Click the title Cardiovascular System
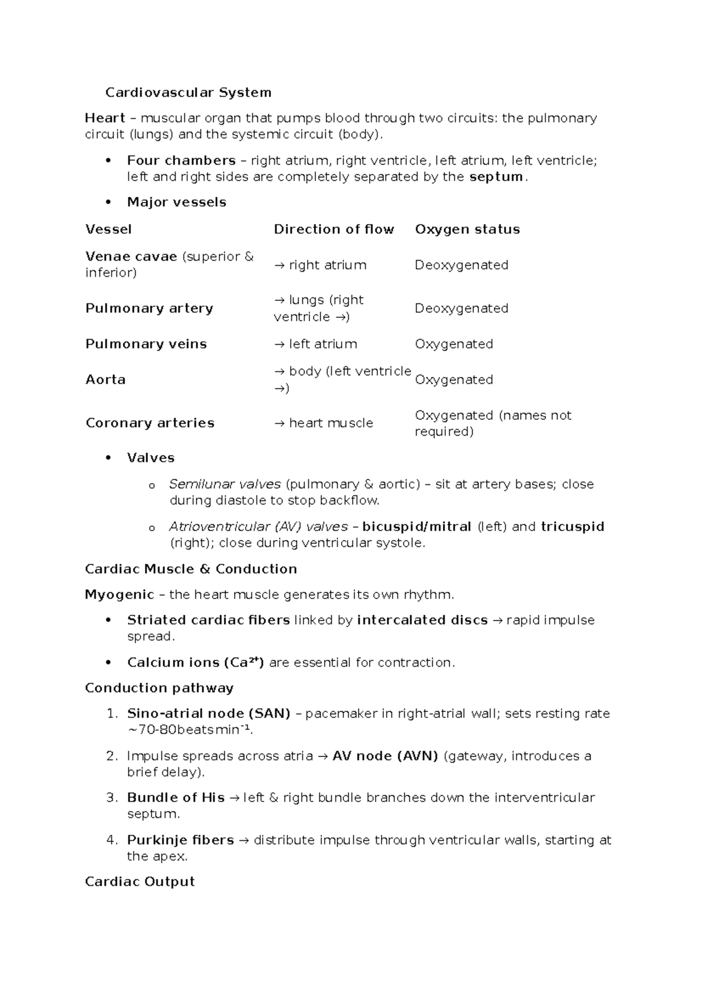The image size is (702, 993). [188, 93]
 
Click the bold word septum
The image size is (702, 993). [496, 177]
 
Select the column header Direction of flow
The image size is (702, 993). [333, 229]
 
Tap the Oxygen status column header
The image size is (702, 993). [467, 229]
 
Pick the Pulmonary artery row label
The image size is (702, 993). [149, 308]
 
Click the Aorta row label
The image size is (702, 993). [105, 379]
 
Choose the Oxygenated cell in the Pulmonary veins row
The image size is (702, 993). [453, 344]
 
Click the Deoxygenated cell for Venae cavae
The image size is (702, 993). [461, 265]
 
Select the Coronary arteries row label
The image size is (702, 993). [150, 423]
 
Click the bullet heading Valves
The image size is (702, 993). [150, 457]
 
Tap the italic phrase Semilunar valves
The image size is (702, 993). [225, 484]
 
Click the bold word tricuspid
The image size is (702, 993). [572, 526]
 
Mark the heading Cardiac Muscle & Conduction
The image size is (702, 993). [191, 569]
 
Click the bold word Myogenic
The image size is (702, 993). [119, 595]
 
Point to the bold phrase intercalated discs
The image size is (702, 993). [422, 620]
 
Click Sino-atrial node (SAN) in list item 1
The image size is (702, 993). [208, 714]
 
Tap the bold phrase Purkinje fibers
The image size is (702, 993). [180, 840]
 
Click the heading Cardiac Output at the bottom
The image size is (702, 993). [139, 882]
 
